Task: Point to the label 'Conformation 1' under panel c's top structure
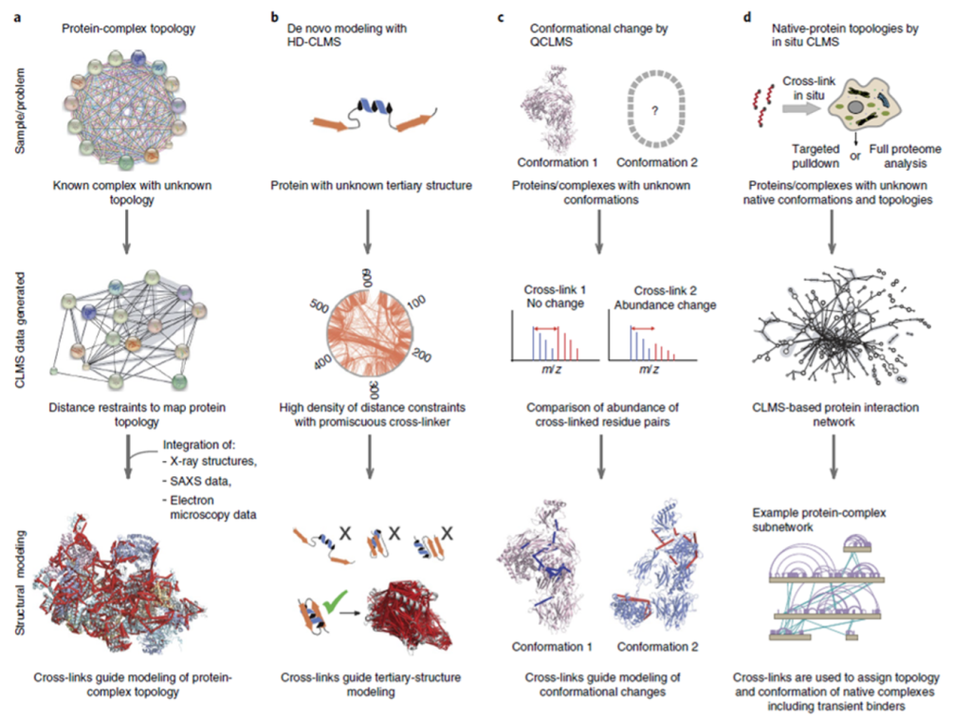coord(552,161)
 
